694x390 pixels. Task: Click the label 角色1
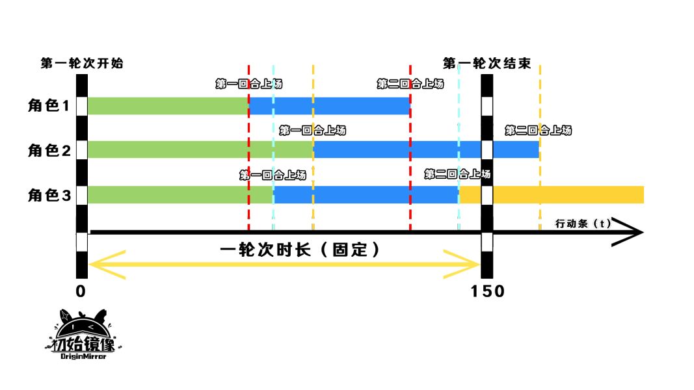click(x=48, y=106)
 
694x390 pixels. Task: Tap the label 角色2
click(x=48, y=150)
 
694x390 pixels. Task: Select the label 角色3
click(x=48, y=194)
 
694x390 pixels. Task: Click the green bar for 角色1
click(x=168, y=106)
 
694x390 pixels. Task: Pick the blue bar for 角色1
click(x=329, y=106)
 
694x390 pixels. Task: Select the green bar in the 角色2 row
click(x=200, y=149)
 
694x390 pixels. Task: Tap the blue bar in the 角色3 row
click(x=366, y=194)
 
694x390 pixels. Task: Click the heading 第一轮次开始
click(x=82, y=64)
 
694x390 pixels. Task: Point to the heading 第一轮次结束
click(x=487, y=64)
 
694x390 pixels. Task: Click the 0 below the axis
click(x=81, y=291)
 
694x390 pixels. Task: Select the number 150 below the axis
click(x=488, y=291)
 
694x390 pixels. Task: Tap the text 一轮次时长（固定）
click(x=300, y=250)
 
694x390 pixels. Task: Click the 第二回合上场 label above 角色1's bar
click(x=410, y=84)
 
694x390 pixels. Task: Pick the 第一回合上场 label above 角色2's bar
click(x=312, y=131)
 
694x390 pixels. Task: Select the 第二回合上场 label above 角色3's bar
click(x=457, y=174)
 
